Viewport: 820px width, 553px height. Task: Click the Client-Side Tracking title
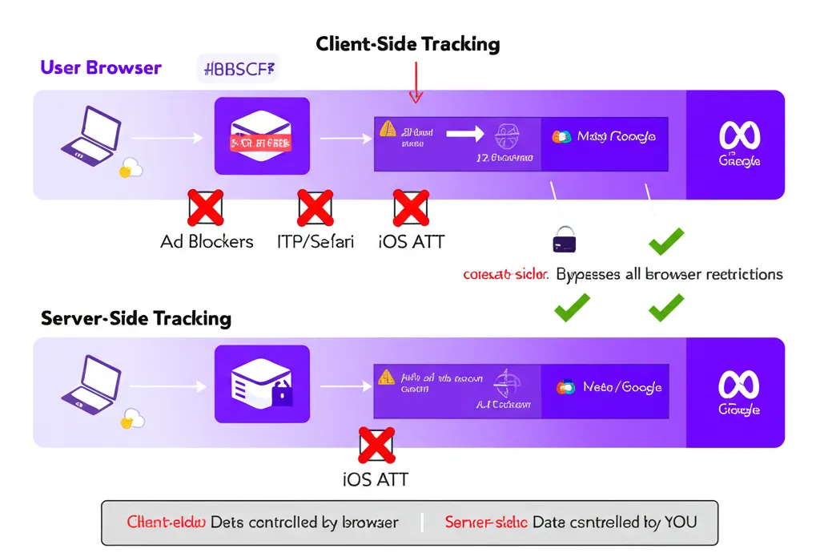click(408, 43)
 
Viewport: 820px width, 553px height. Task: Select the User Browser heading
click(101, 67)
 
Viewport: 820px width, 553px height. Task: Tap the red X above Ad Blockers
click(205, 208)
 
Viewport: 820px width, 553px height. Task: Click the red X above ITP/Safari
click(315, 208)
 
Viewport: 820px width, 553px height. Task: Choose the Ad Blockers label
click(207, 241)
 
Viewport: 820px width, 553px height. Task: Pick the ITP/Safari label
click(315, 241)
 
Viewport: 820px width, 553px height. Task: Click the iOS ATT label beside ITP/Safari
click(411, 241)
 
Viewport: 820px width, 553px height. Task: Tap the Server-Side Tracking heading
click(136, 318)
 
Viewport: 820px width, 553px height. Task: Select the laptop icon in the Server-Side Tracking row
click(91, 385)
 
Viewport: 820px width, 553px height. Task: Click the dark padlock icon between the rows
click(565, 238)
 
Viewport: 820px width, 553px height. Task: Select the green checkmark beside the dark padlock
click(666, 240)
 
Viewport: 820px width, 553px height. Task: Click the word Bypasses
click(588, 274)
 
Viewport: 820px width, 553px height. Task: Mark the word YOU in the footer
click(680, 523)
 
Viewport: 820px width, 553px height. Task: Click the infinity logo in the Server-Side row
click(739, 385)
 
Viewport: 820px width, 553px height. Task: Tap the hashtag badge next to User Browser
click(238, 68)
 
